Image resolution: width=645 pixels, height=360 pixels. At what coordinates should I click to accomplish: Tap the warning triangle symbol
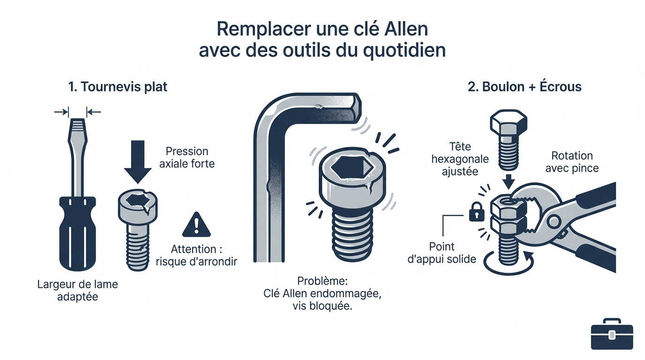[x=196, y=225]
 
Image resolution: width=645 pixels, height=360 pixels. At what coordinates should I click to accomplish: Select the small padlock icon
[x=476, y=214]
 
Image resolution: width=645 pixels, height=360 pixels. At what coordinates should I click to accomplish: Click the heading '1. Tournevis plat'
[x=118, y=87]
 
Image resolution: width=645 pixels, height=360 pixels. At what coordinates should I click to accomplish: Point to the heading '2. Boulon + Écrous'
[x=525, y=87]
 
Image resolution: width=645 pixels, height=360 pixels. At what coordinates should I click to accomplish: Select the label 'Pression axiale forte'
[x=187, y=157]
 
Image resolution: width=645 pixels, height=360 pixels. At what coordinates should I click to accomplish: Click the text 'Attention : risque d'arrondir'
[x=196, y=255]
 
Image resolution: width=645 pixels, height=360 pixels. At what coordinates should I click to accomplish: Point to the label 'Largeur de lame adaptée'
[x=77, y=290]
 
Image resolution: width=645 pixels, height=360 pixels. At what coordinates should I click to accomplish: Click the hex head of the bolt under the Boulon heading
[x=509, y=124]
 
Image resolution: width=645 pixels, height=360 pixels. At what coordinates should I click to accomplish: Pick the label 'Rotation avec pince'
[x=572, y=162]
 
